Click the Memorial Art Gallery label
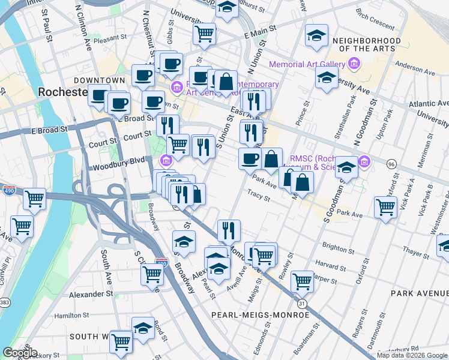[306, 64]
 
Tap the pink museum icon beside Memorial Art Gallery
[354, 64]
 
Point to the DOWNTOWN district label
[99, 80]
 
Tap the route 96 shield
[391, 163]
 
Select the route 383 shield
[5, 301]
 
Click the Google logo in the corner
[20, 353]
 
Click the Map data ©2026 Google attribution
[412, 355]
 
